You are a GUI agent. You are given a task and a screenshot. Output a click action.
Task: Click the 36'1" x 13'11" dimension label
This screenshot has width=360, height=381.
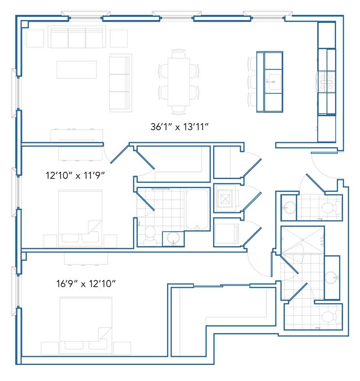point(179,127)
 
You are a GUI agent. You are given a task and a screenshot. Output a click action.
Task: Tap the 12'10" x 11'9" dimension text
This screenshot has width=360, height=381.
point(75,175)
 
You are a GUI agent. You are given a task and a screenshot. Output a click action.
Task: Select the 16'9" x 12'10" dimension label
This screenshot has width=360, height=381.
point(86,283)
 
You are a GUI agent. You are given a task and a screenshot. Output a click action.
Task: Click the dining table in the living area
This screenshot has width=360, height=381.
point(179,82)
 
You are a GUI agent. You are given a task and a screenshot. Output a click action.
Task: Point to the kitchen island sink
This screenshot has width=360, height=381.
point(273,82)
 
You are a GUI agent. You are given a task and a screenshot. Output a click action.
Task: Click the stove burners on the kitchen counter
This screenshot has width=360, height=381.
point(326,82)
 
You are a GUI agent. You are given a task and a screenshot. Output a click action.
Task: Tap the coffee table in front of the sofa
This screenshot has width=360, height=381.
point(77,70)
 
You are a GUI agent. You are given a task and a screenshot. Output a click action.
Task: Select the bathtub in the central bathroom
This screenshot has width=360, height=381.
point(197,210)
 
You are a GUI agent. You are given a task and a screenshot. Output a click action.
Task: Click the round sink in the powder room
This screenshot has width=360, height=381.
point(289,208)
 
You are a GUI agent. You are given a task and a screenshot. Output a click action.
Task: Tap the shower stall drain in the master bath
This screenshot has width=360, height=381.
point(302,240)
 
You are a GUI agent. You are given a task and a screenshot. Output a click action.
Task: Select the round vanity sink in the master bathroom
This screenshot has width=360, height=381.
point(331,277)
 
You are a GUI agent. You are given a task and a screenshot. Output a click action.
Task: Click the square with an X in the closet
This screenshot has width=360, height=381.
point(225,199)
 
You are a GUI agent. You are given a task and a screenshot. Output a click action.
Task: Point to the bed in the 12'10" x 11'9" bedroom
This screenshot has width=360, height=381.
point(80,218)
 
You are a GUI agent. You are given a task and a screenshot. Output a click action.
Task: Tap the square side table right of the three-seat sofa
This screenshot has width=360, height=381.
point(119,38)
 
